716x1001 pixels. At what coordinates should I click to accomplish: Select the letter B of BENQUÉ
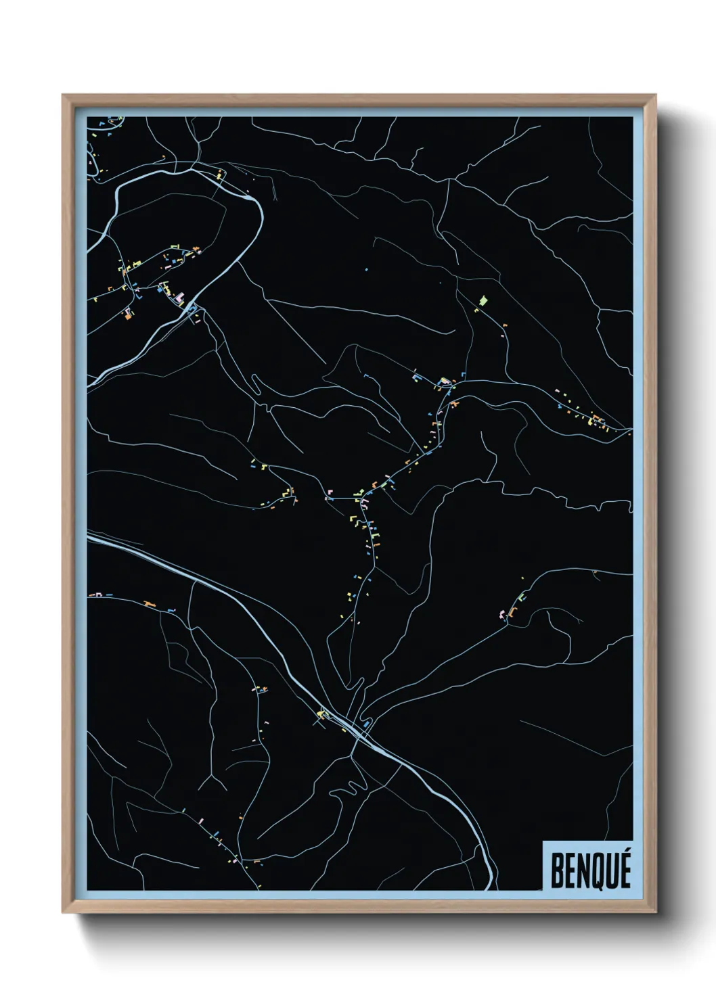click(556, 872)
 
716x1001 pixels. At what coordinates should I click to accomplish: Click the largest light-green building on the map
click(483, 300)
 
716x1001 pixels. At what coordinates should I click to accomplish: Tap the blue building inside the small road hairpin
click(366, 724)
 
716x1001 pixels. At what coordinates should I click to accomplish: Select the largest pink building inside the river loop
click(180, 297)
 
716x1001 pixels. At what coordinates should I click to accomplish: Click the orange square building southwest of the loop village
click(127, 314)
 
